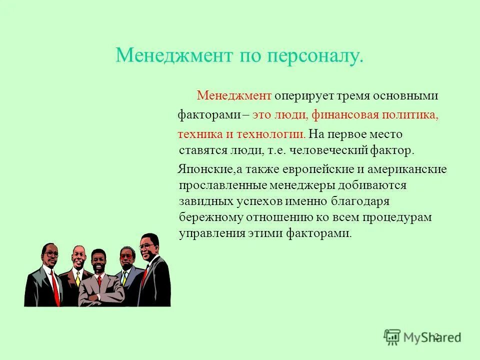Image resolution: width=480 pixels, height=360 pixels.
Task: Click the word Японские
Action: (200, 169)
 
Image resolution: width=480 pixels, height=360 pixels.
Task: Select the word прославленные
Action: (221, 185)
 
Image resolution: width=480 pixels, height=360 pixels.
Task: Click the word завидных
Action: (205, 201)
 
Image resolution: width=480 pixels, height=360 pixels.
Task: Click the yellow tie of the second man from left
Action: (78, 278)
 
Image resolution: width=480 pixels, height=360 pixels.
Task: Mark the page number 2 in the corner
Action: (436, 336)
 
